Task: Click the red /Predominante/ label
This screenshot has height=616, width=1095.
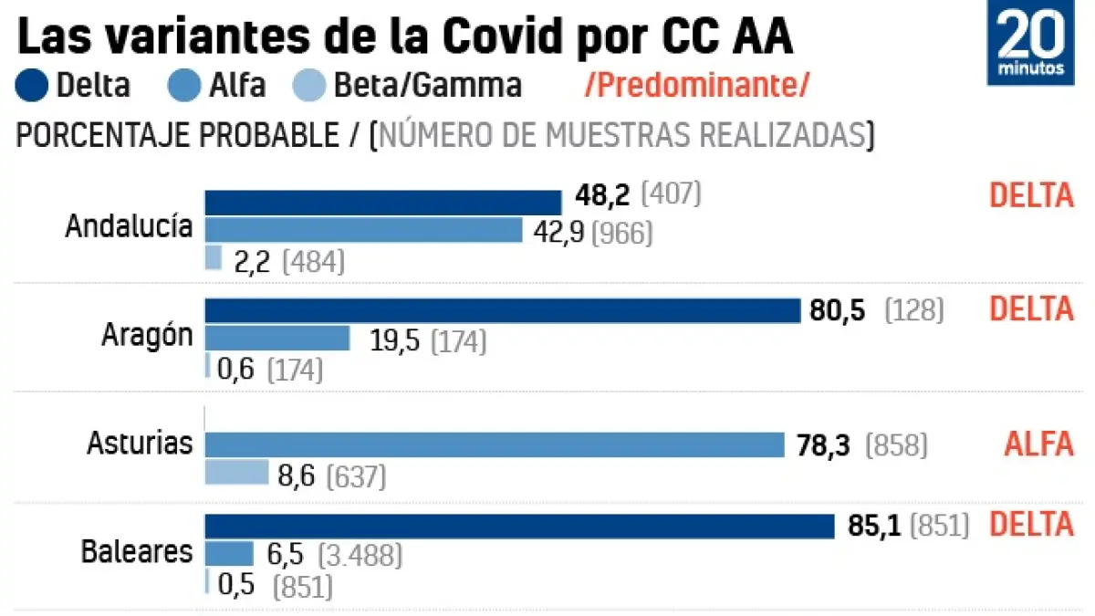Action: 697,85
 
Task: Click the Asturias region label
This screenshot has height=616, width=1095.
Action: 140,444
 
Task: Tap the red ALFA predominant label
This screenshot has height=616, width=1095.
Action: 1038,444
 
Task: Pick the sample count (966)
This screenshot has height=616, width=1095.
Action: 622,233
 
